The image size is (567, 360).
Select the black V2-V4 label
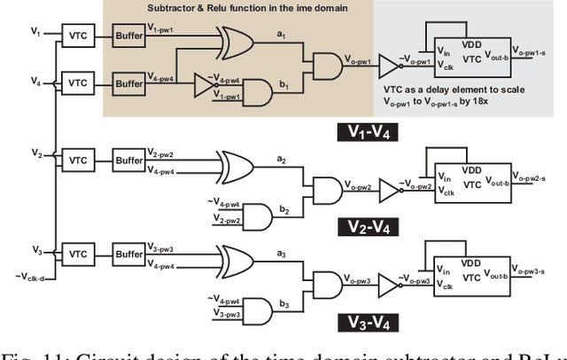pyautogui.click(x=371, y=228)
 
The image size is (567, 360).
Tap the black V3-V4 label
pyautogui.click(x=371, y=321)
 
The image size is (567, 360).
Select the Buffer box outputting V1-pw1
pyautogui.click(x=128, y=37)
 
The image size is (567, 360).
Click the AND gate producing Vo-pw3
pyautogui.click(x=325, y=285)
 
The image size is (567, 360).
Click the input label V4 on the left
pyautogui.click(x=35, y=82)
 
